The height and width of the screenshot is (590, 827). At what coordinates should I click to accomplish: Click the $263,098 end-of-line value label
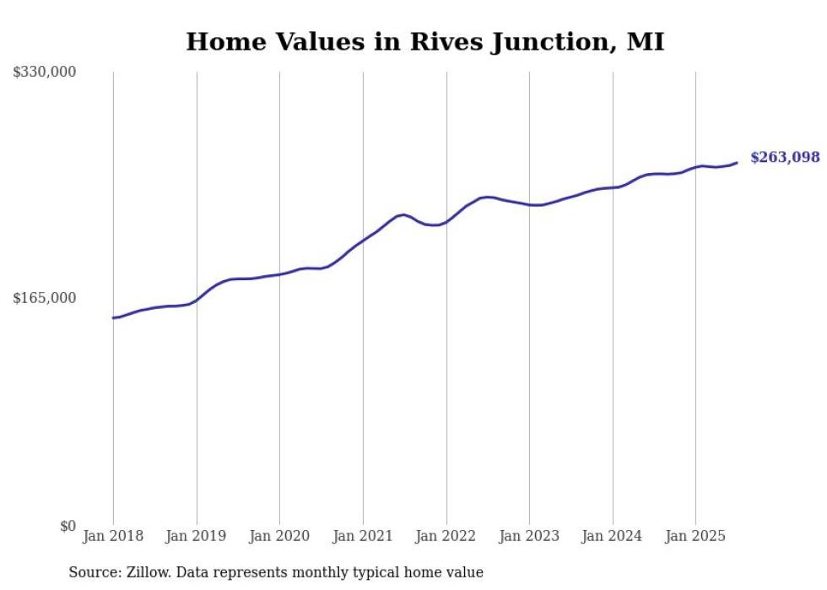(784, 157)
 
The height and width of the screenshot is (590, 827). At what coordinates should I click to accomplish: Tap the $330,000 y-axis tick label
(45, 73)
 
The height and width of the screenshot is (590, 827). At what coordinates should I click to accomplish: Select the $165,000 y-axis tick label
(45, 298)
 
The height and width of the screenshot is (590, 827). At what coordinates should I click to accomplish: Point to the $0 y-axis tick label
(68, 526)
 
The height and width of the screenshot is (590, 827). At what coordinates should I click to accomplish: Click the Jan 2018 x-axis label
(113, 536)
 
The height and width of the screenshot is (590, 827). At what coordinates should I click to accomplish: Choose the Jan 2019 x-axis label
(197, 536)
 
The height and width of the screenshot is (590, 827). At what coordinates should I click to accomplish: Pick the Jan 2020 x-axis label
(279, 536)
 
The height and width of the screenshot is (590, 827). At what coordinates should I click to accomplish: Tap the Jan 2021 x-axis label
(363, 536)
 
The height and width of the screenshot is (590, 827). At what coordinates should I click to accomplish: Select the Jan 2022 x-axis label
(446, 536)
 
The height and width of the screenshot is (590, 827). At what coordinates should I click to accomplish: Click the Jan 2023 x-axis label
(529, 536)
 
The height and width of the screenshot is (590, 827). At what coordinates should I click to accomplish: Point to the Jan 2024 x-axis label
(612, 536)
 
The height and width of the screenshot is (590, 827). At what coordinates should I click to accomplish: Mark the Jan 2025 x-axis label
(695, 536)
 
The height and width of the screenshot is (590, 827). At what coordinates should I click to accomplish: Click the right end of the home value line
(737, 163)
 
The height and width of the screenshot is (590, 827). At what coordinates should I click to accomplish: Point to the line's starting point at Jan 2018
(113, 318)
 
